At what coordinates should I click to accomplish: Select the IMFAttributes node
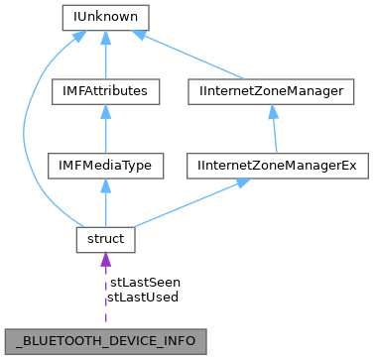pyautogui.click(x=105, y=91)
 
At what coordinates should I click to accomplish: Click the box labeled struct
pyautogui.click(x=105, y=240)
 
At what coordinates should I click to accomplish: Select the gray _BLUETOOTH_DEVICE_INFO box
pyautogui.click(x=105, y=340)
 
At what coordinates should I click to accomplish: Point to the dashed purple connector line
pyautogui.click(x=105, y=298)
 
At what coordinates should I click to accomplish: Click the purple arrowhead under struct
pyautogui.click(x=105, y=261)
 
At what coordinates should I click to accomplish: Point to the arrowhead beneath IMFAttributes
pyautogui.click(x=105, y=112)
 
